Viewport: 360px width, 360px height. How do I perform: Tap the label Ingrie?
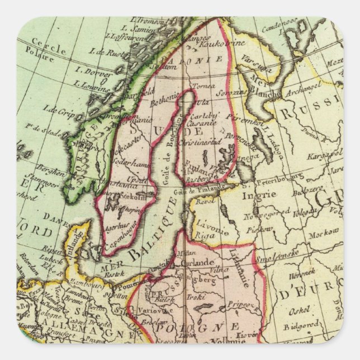pos(267,194)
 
